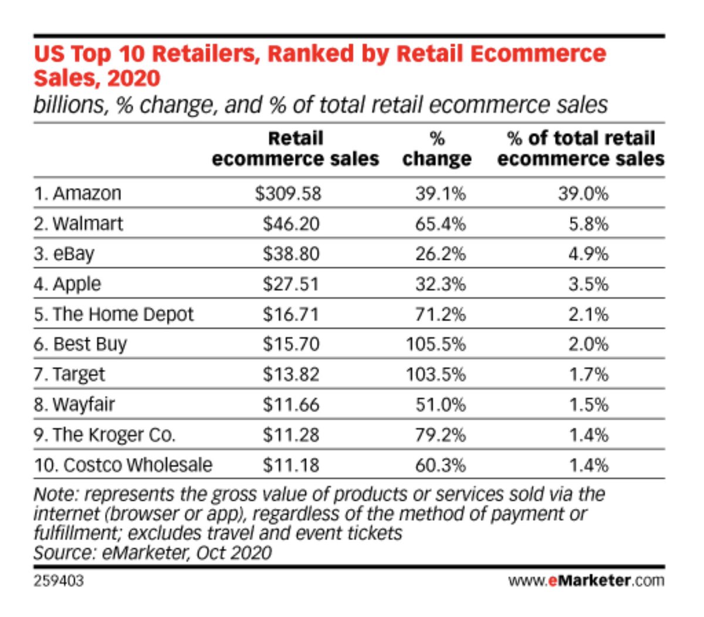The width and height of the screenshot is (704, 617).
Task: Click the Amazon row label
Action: pyautogui.click(x=77, y=193)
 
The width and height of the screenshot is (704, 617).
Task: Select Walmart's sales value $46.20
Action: pyautogui.click(x=291, y=224)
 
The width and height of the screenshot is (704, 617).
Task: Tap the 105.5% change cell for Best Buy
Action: pyautogui.click(x=435, y=344)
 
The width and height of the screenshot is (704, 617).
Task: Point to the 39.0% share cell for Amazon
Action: pyautogui.click(x=583, y=193)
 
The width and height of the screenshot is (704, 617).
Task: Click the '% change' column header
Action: pyautogui.click(x=436, y=149)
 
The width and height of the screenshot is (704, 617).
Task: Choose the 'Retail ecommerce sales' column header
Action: pyautogui.click(x=295, y=149)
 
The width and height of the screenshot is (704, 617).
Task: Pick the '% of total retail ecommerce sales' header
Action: pyautogui.click(x=580, y=149)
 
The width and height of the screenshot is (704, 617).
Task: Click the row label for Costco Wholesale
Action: pyautogui.click(x=123, y=465)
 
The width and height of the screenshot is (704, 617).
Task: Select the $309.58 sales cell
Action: pyautogui.click(x=288, y=193)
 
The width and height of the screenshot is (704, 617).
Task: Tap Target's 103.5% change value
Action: pyautogui.click(x=435, y=375)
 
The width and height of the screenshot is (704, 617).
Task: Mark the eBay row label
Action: pyautogui.click(x=65, y=254)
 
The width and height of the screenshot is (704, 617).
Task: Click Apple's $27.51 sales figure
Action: pyautogui.click(x=291, y=284)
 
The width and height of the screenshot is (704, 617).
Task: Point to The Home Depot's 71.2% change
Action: pyautogui.click(x=440, y=314)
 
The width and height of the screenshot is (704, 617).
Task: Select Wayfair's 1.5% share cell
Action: pyautogui.click(x=588, y=404)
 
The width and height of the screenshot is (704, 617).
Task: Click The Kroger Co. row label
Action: pyautogui.click(x=104, y=435)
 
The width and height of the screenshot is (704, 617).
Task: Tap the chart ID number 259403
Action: pyautogui.click(x=59, y=581)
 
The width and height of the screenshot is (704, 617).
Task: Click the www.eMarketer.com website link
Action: pyautogui.click(x=586, y=581)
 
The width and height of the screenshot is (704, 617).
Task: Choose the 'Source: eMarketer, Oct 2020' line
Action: pyautogui.click(x=153, y=553)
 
